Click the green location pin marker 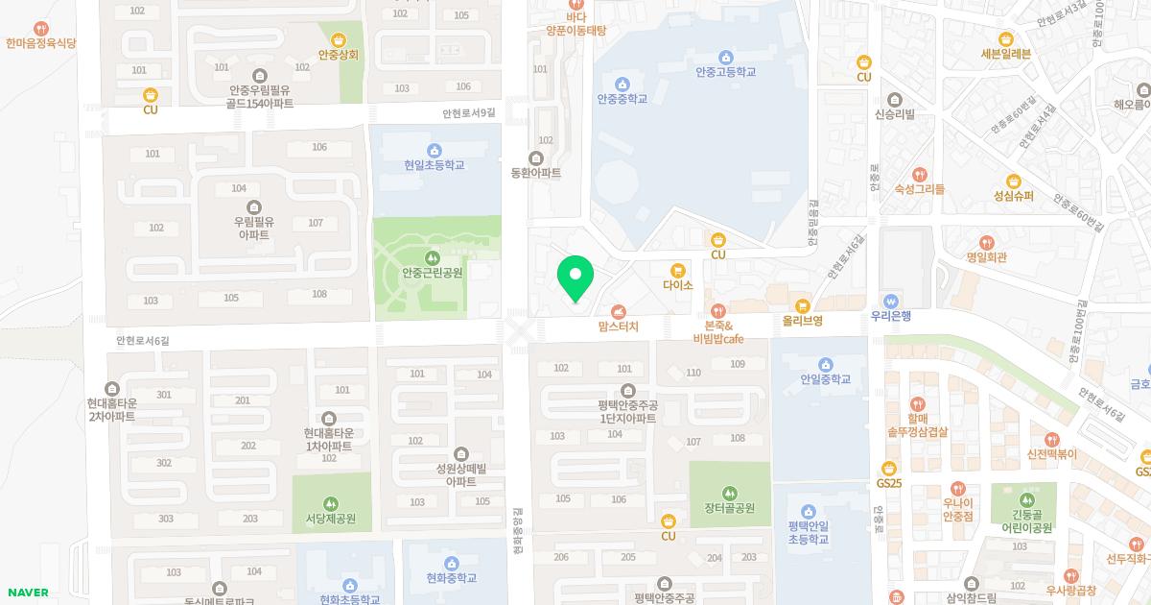575,278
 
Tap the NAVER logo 27,593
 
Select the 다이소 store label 677,285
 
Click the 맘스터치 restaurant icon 618,311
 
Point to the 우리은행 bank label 890,316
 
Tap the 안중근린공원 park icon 432,257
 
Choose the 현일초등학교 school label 434,165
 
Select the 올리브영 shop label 803,321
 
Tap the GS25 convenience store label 889,483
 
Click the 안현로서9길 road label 469,113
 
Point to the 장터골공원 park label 729,508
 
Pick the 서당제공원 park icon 331,503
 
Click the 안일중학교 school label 825,379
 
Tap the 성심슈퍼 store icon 1014,181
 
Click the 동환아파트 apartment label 536,173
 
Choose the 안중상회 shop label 339,55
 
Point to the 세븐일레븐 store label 1005,54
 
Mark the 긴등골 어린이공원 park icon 1027,499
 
